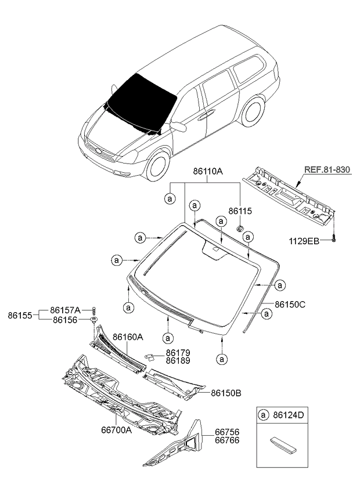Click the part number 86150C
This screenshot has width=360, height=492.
[x=290, y=304]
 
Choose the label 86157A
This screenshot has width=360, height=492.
[x=65, y=310]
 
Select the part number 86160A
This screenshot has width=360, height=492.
[x=128, y=337]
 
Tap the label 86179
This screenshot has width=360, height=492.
[x=178, y=352]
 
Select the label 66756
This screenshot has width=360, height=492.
[x=228, y=432]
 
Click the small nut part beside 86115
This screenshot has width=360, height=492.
[x=239, y=229]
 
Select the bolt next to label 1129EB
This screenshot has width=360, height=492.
[x=336, y=238]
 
